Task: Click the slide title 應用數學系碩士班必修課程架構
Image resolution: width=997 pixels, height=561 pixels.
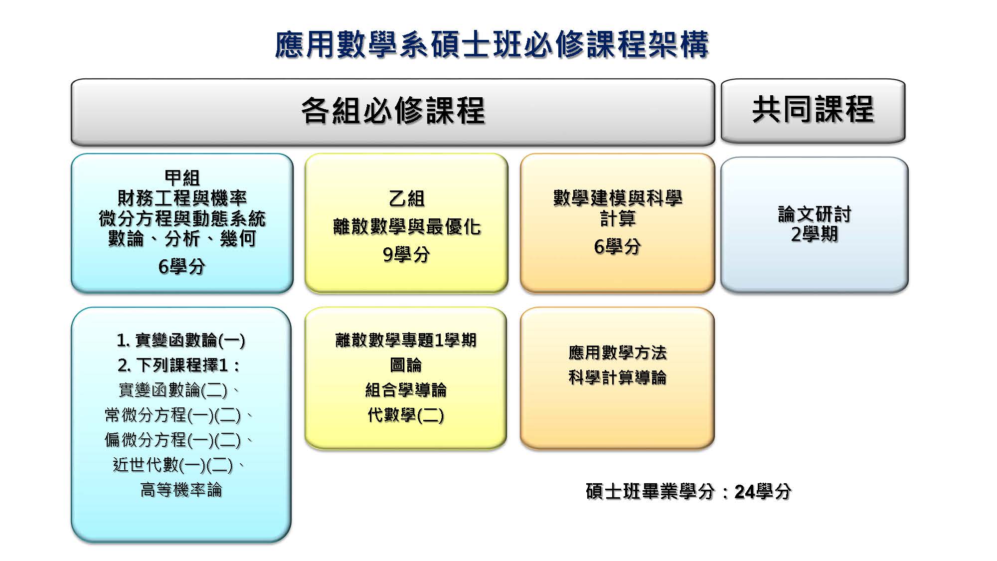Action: [492, 44]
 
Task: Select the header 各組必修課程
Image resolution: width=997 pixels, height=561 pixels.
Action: [393, 110]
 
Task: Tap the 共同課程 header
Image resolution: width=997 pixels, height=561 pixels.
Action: [813, 109]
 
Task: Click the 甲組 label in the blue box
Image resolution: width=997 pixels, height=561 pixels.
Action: [182, 178]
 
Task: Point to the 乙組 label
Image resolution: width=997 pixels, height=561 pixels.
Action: [406, 198]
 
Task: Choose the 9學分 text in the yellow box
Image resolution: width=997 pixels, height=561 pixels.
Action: [406, 255]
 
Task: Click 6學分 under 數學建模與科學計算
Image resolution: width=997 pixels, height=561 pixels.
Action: [617, 246]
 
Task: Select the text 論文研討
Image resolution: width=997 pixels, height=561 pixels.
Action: [815, 214]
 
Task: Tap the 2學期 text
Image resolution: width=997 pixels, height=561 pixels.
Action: [815, 234]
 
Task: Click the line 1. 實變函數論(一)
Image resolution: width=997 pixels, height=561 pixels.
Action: [181, 340]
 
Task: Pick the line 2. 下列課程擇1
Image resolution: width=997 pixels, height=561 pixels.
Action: [178, 365]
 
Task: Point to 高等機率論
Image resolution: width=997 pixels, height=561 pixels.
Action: [181, 490]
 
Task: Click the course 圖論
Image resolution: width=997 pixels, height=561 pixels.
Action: [406, 365]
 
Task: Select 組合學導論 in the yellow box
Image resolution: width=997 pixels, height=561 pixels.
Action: [406, 390]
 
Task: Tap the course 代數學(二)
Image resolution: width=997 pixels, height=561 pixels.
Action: [406, 415]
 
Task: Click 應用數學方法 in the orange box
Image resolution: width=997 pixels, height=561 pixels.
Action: [617, 353]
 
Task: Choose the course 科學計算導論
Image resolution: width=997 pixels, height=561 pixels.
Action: [617, 377]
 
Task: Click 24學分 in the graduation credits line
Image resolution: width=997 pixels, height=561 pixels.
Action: [763, 492]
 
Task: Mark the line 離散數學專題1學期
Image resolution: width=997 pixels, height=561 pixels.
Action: [406, 340]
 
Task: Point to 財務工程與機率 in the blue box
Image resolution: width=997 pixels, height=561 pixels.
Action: [182, 198]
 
